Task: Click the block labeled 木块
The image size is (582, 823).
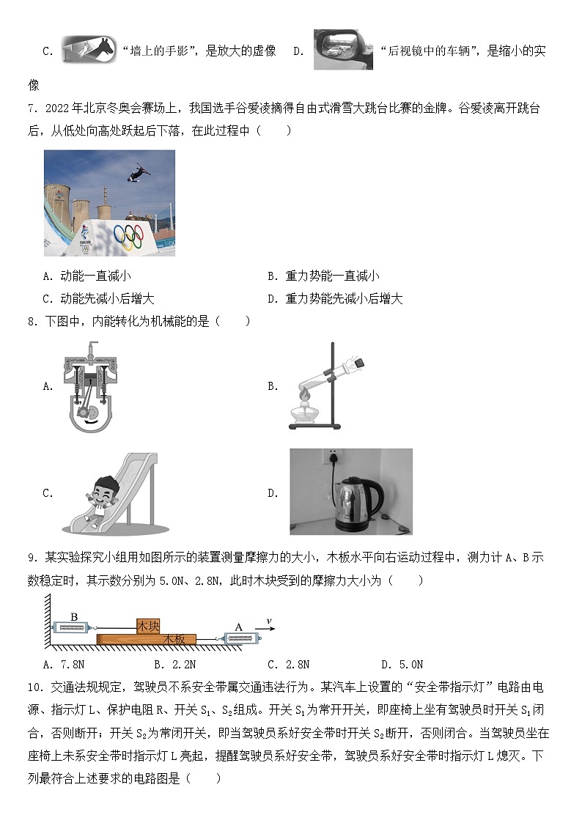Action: click(148, 626)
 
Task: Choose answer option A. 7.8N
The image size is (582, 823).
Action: click(65, 665)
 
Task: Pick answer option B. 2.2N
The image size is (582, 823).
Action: click(175, 665)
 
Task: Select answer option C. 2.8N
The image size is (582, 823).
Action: click(288, 665)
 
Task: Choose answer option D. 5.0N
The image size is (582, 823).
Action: click(402, 665)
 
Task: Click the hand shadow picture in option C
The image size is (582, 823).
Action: click(88, 50)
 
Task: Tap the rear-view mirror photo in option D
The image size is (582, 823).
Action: click(343, 50)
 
